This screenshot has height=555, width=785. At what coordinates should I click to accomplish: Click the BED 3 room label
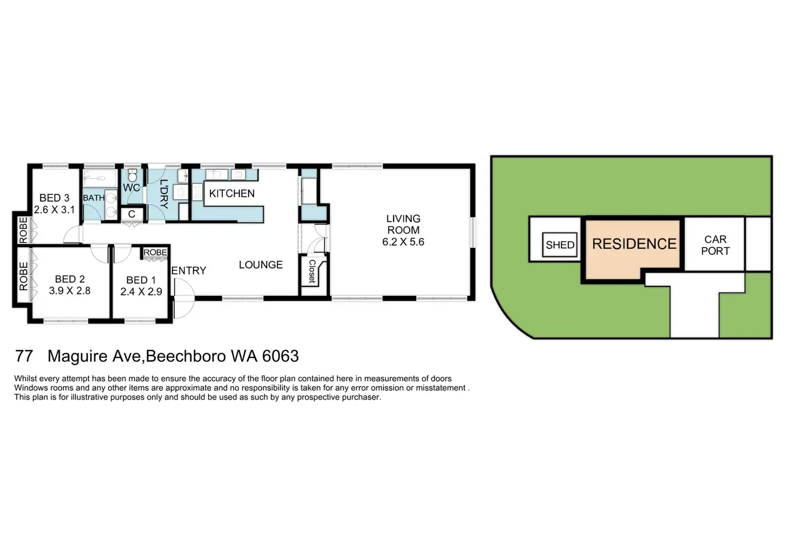pos(54,198)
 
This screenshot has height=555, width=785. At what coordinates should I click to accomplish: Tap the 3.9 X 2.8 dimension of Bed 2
pos(70,291)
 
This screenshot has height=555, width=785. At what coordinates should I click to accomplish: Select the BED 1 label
pos(141,280)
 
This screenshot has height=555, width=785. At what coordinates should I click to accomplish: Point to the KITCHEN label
pos(231,194)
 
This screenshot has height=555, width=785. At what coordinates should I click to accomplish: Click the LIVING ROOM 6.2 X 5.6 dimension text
pos(403,242)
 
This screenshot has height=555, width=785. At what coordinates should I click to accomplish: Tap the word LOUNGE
pos(260,265)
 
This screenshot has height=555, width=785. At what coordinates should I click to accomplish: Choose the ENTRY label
pos(189,271)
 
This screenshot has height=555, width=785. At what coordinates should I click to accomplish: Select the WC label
pos(131,188)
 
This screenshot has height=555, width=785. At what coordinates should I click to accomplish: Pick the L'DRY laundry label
pos(164,194)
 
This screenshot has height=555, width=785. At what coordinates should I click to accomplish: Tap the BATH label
pos(94,198)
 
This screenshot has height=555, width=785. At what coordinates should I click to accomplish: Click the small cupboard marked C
pos(132,214)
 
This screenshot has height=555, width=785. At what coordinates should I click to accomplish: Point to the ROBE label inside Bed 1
pos(155,252)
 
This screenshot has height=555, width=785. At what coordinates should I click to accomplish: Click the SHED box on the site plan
pos(560,245)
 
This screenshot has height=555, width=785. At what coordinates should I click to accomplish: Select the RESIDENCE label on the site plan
pos(634,244)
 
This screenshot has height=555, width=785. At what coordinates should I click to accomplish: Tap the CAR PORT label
pos(715,245)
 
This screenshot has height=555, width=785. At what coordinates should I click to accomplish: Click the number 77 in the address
pos(25,356)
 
